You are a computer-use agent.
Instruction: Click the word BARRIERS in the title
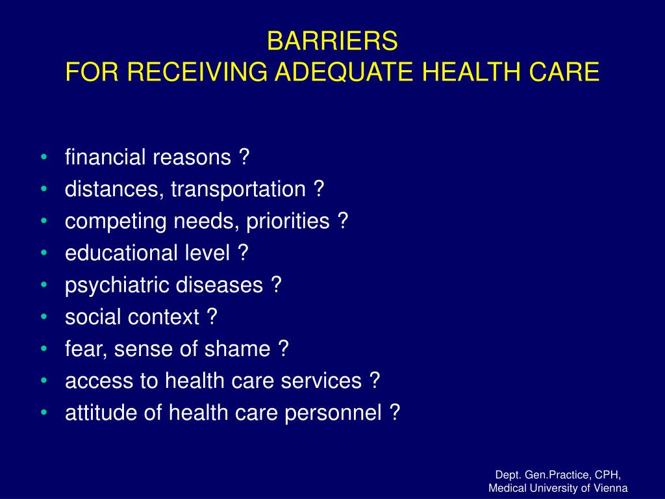(x=332, y=41)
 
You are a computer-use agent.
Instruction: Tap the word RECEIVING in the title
(x=197, y=71)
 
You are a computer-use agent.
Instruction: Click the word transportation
(x=238, y=189)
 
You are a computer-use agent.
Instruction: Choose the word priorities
(x=288, y=221)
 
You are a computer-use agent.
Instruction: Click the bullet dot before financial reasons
(x=44, y=157)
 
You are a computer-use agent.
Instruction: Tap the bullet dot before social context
(x=44, y=317)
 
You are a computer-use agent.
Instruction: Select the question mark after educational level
(x=243, y=253)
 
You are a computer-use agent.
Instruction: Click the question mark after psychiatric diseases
(x=277, y=285)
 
